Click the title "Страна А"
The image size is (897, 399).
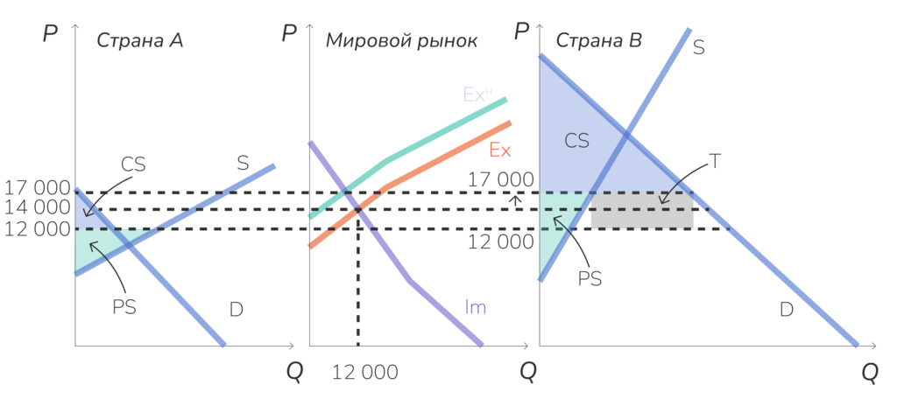[139, 40]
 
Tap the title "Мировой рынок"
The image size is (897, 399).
[401, 41]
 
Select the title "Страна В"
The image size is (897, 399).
[599, 40]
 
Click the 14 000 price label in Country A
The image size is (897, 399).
[37, 208]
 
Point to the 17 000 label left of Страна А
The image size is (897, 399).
[37, 187]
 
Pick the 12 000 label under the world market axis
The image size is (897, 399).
[364, 372]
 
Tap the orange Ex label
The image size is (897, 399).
[499, 150]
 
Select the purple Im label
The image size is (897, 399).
[476, 307]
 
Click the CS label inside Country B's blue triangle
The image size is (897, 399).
[576, 140]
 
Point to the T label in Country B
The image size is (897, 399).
[715, 161]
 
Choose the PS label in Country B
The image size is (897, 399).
[590, 278]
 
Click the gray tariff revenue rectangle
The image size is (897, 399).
[642, 213]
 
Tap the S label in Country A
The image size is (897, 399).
[243, 163]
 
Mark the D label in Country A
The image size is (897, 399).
[236, 309]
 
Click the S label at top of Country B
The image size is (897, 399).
[698, 47]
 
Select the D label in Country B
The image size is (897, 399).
[786, 309]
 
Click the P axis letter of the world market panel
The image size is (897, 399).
[289, 34]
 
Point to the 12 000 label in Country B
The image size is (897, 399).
[499, 242]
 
